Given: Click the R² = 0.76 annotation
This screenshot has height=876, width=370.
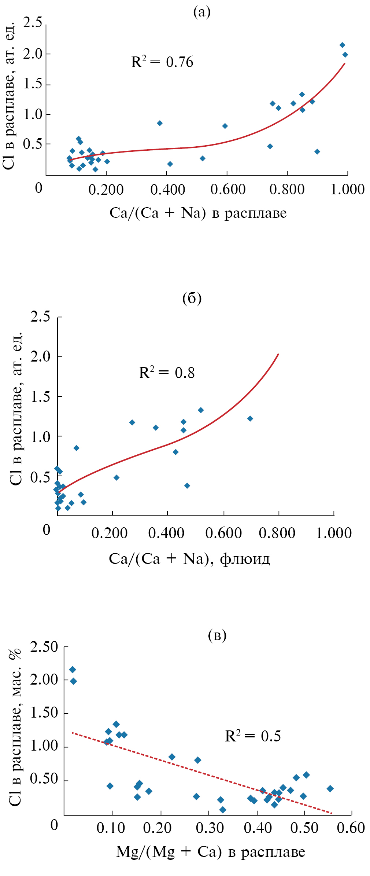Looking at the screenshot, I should point(162,62).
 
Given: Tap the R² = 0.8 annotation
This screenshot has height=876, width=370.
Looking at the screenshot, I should point(167,373).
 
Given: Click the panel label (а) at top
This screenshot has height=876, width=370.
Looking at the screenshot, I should point(202,12).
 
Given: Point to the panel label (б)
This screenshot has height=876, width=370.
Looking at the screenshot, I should point(192,299).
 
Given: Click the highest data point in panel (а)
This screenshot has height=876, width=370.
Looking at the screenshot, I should point(342,45).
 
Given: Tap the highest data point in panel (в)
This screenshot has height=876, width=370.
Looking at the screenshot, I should point(73,670).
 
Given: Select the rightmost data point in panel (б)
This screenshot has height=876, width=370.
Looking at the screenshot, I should point(250,418).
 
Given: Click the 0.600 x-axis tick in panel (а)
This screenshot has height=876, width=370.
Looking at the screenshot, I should point(228,190).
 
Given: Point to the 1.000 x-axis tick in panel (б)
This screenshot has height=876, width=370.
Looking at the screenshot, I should point(334,533).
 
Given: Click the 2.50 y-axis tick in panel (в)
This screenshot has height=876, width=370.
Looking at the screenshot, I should point(44,647).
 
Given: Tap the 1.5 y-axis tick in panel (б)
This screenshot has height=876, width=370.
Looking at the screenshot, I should point(41,397).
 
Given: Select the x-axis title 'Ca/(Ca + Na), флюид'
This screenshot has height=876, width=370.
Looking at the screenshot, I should point(189,558).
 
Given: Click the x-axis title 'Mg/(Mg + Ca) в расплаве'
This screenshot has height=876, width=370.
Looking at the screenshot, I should point(210,851).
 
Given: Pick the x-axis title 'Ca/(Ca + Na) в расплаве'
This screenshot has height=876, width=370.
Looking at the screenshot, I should point(198,213).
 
